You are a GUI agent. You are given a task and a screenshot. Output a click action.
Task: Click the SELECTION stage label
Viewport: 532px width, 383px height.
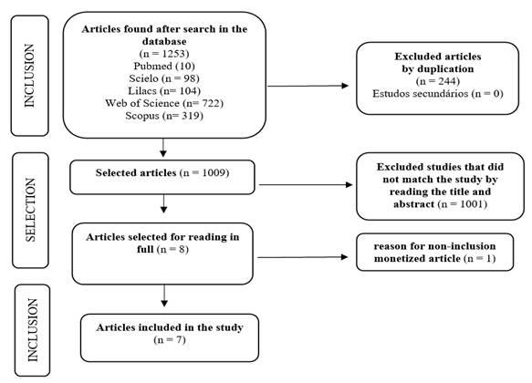pos(30,210)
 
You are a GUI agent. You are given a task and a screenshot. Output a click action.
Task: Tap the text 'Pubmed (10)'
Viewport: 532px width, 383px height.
pos(164,66)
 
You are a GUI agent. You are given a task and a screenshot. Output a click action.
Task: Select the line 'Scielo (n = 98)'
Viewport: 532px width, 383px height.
pos(164,78)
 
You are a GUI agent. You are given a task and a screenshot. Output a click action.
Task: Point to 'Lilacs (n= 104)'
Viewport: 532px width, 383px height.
pos(164,91)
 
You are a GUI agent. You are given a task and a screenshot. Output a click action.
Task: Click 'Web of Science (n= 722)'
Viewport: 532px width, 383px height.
pos(164,103)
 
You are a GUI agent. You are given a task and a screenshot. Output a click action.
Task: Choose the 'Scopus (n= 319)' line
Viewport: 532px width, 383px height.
pos(164,116)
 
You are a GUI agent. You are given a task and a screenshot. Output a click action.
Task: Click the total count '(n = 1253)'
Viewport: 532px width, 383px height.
pos(164,54)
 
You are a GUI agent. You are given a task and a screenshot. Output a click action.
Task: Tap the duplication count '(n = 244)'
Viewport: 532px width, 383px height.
pos(438,81)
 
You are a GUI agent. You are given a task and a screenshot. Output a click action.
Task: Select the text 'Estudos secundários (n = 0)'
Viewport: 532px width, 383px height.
pos(438,94)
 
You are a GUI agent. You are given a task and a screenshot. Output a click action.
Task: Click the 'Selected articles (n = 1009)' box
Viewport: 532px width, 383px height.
pos(162,177)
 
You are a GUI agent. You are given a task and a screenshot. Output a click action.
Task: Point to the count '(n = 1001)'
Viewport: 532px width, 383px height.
pos(463,204)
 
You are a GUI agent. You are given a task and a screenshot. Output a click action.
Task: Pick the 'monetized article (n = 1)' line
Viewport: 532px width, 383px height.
pos(435,259)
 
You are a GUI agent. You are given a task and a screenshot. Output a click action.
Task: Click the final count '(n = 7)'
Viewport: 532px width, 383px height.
pos(170,339)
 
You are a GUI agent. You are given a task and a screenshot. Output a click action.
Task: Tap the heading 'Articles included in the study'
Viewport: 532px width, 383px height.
pos(170,327)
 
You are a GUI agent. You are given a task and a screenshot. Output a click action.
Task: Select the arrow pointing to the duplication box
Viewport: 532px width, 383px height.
pos(308,86)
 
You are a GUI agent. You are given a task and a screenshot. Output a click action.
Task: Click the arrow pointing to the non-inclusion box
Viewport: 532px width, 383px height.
pos(303,257)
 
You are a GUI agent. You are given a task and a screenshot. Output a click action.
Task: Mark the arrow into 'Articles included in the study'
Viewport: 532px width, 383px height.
pos(164,295)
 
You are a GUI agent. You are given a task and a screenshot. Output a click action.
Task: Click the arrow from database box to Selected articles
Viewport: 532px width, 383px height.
pos(163,148)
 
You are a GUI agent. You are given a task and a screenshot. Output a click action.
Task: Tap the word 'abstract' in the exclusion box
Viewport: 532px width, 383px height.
pos(414,204)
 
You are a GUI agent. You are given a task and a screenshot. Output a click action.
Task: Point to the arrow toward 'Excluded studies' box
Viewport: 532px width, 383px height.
pos(306,185)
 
